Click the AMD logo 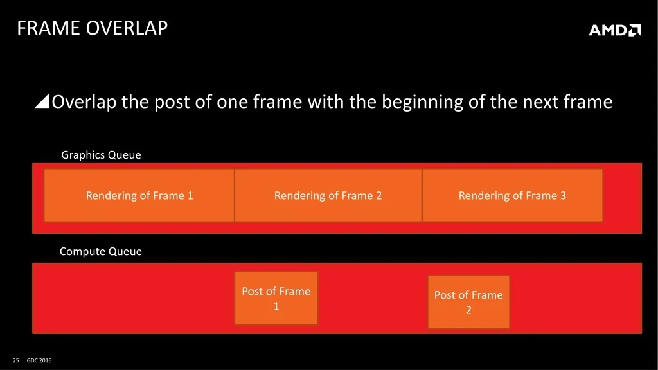pyautogui.click(x=615, y=30)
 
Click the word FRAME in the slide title pyautogui.click(x=48, y=28)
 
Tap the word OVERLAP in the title pyautogui.click(x=127, y=28)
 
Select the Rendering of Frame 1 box pyautogui.click(x=139, y=195)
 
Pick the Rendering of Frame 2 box pyautogui.click(x=328, y=195)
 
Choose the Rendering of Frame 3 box pyautogui.click(x=512, y=195)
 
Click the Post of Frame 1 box pyautogui.click(x=276, y=298)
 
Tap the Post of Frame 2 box pyautogui.click(x=468, y=302)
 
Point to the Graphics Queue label pyautogui.click(x=101, y=155)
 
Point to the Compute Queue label pyautogui.click(x=101, y=251)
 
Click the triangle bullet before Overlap pyautogui.click(x=42, y=101)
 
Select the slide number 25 pyautogui.click(x=16, y=360)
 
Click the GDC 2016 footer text pyautogui.click(x=39, y=360)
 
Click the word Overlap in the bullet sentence pyautogui.click(x=84, y=102)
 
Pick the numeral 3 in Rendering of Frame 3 pyautogui.click(x=563, y=195)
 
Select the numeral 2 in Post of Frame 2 pyautogui.click(x=468, y=310)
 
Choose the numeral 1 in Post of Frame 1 pyautogui.click(x=276, y=306)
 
